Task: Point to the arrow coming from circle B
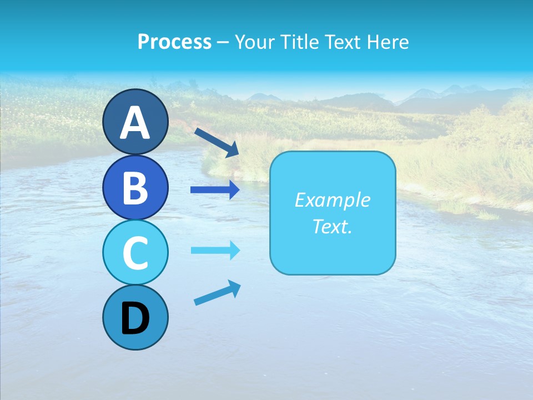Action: click(x=215, y=189)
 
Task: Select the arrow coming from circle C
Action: click(x=215, y=250)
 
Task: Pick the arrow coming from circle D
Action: click(x=217, y=293)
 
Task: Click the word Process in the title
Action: click(x=174, y=42)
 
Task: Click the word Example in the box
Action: click(x=332, y=200)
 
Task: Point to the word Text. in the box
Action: click(x=332, y=227)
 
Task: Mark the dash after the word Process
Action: click(x=223, y=42)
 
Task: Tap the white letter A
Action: click(x=135, y=123)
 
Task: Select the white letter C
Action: click(x=135, y=253)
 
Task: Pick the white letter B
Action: click(x=135, y=188)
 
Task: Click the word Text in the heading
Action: click(x=347, y=42)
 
